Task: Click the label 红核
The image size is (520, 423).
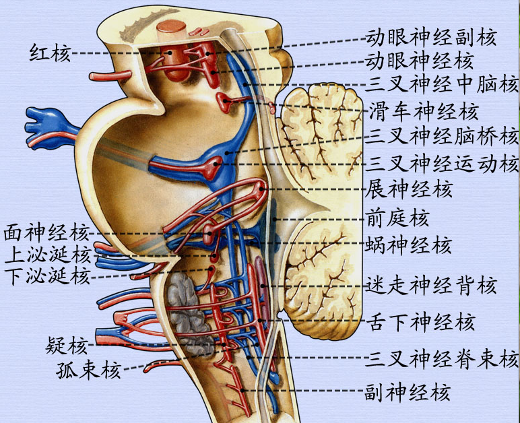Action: pyautogui.click(x=50, y=52)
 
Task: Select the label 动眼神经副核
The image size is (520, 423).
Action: pyautogui.click(x=431, y=37)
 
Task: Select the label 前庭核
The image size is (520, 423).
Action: pyautogui.click(x=397, y=218)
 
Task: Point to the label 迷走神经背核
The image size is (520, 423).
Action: pyautogui.click(x=432, y=286)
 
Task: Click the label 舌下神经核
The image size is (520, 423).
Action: pyautogui.click(x=420, y=322)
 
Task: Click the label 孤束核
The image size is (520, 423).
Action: pyautogui.click(x=88, y=370)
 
